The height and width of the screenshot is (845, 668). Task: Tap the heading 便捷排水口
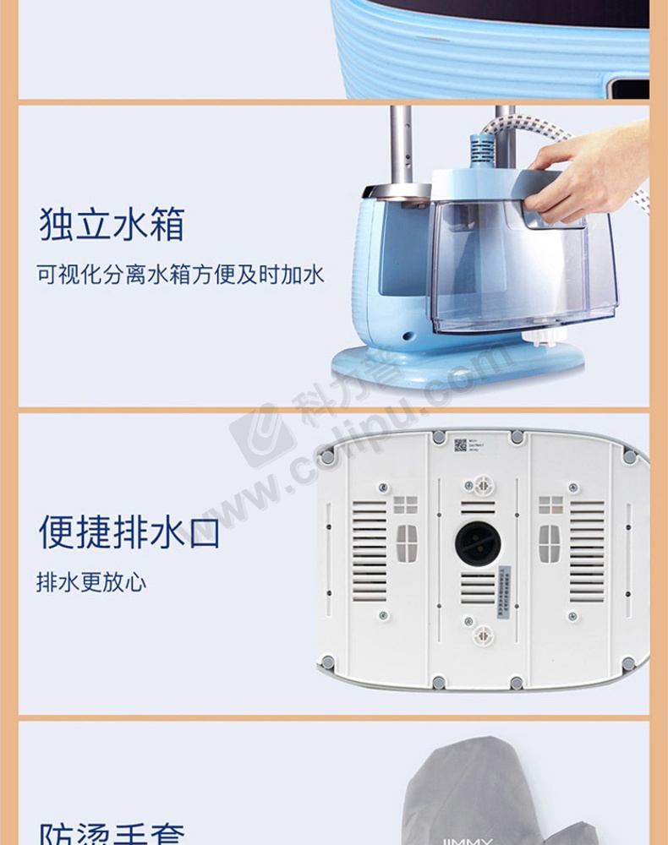pos(129,532)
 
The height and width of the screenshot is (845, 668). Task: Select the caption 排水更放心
pos(90,583)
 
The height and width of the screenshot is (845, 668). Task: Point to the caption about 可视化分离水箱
pos(180,275)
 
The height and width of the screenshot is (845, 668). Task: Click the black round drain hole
pos(478,544)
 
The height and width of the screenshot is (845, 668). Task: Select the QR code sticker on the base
pos(460,444)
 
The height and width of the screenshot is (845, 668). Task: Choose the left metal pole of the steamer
pos(400,144)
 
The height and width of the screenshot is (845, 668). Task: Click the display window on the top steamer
pos(630,87)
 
